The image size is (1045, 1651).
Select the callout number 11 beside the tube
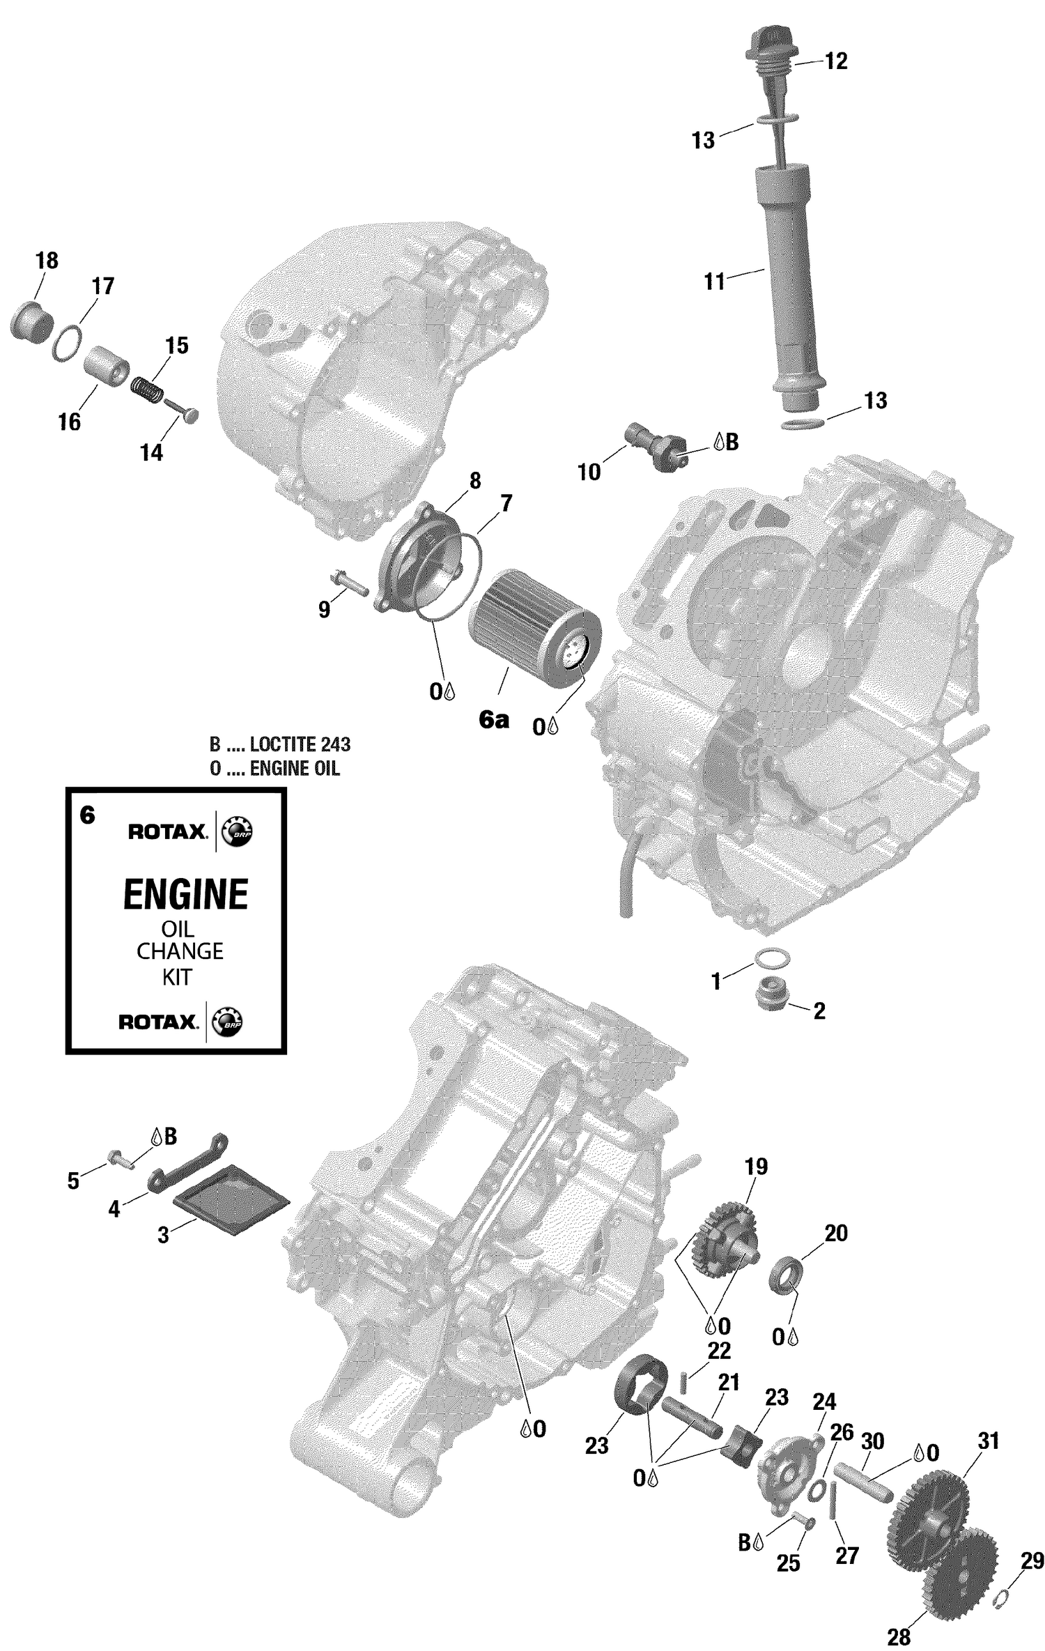[x=714, y=282]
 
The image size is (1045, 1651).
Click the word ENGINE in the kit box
[x=185, y=894]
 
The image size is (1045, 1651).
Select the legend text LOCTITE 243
[x=300, y=744]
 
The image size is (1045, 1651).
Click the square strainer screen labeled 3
[x=230, y=1201]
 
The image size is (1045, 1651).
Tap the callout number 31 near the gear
[x=988, y=1441]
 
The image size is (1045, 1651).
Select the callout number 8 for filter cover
[x=475, y=480]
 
